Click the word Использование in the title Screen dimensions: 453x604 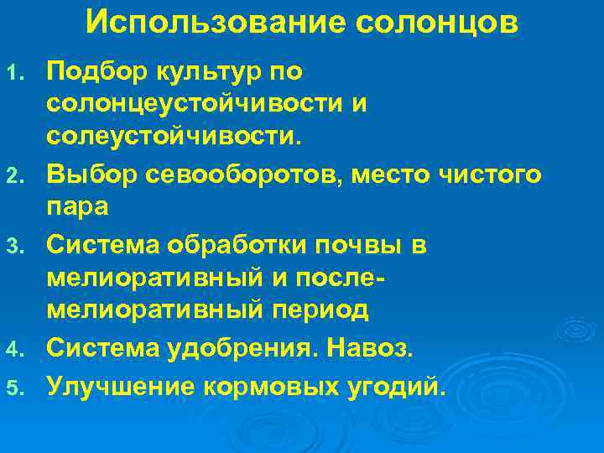pos(217,23)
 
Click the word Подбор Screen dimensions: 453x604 pos(92,74)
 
